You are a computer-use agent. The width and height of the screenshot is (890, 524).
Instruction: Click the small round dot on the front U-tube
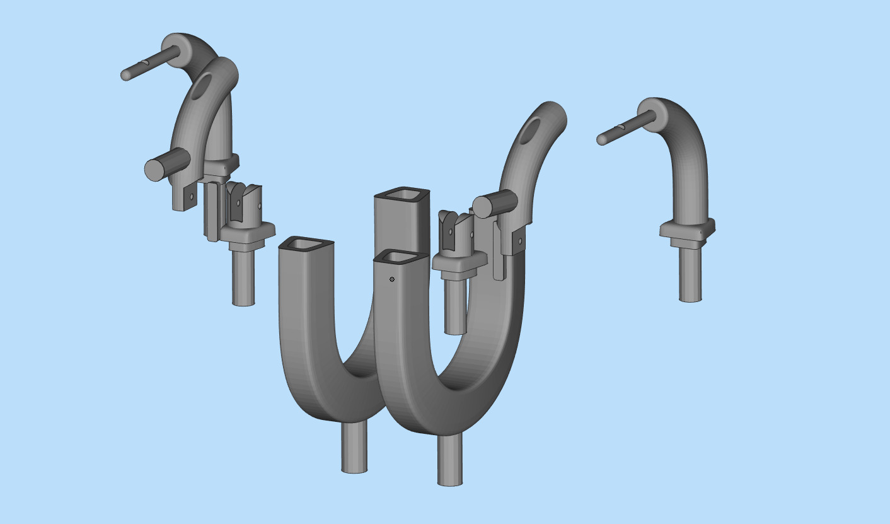point(392,279)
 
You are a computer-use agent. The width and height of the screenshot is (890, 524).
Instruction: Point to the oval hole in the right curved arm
point(531,129)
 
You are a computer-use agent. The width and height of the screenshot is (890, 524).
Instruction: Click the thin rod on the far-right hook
point(621,128)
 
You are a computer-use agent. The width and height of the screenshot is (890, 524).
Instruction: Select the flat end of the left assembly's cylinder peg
point(155,170)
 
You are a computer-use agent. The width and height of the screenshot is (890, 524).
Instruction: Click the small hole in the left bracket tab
point(192,197)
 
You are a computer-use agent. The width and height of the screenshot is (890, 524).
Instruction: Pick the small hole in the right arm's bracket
point(520,240)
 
